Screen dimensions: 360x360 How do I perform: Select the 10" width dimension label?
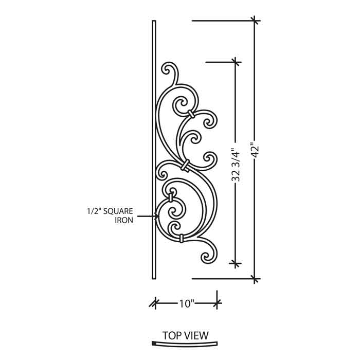pyautogui.click(x=186, y=304)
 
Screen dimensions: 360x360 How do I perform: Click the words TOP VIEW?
pyautogui.click(x=186, y=335)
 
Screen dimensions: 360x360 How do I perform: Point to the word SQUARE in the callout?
pyautogui.click(x=118, y=211)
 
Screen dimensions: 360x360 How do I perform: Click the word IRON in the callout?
pyautogui.click(x=124, y=220)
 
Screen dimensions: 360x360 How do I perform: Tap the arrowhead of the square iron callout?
pyautogui.click(x=157, y=216)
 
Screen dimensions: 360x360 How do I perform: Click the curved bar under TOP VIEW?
pyautogui.click(x=185, y=344)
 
